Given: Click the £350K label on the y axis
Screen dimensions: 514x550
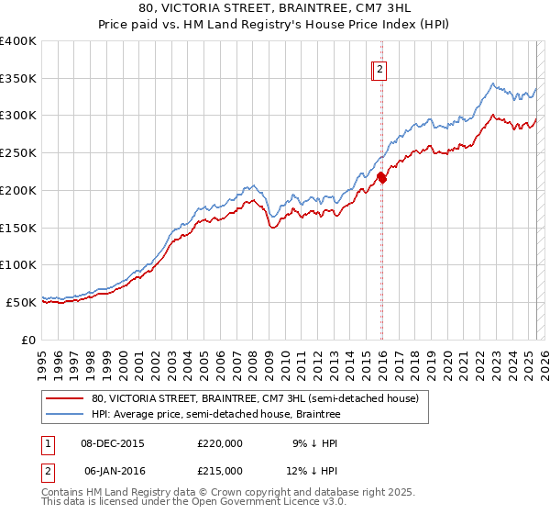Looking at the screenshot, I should click(x=18, y=79).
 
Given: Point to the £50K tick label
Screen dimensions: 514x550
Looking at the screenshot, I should click(x=21, y=302).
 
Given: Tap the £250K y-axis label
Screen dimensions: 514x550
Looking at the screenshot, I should click(x=18, y=153).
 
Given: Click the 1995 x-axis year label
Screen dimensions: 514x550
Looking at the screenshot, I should click(x=42, y=357).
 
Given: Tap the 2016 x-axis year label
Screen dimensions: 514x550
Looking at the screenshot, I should click(x=381, y=357).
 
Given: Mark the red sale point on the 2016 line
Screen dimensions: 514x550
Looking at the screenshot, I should click(x=382, y=179).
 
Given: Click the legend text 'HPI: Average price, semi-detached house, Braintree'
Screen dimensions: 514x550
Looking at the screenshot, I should click(x=216, y=414).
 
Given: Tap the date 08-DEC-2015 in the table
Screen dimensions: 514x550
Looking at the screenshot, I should click(x=114, y=442).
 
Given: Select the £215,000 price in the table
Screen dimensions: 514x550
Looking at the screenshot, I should click(x=220, y=470).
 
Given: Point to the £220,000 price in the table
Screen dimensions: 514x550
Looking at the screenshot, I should click(x=220, y=442).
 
